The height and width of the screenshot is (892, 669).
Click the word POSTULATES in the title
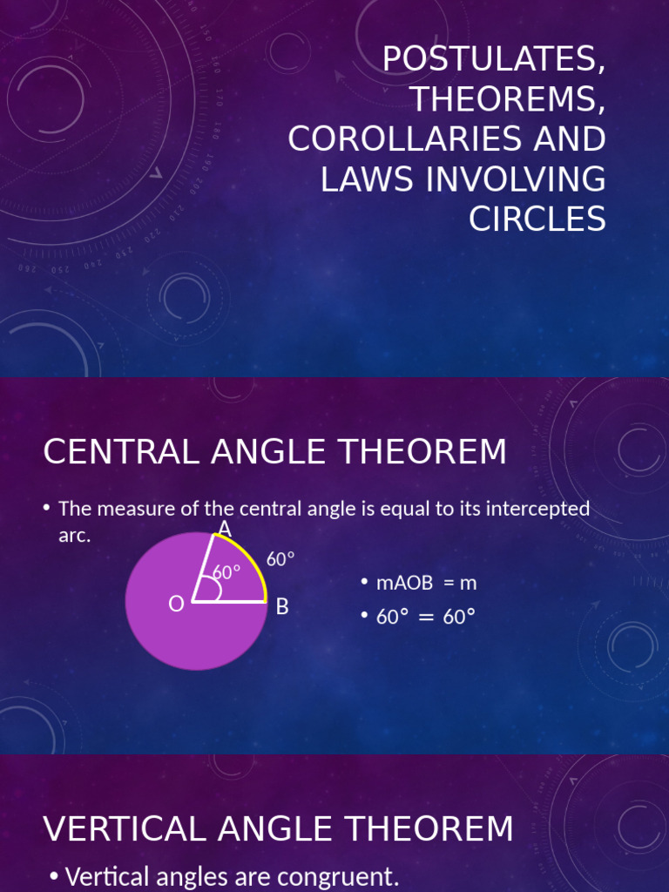tap(493, 59)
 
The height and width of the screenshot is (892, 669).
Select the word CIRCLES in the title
tap(537, 220)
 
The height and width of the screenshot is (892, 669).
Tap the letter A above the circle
tap(224, 529)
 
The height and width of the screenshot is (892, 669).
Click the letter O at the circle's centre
tap(176, 604)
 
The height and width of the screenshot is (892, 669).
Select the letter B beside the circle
tap(282, 607)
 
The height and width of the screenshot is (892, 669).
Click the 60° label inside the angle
tap(226, 572)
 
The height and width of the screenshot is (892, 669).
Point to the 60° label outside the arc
tap(280, 559)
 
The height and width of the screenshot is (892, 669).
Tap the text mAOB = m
tap(426, 583)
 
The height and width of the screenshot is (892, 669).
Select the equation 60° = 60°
tap(426, 617)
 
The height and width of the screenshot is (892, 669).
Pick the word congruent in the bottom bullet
tap(334, 876)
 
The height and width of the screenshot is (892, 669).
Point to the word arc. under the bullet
tap(74, 536)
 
